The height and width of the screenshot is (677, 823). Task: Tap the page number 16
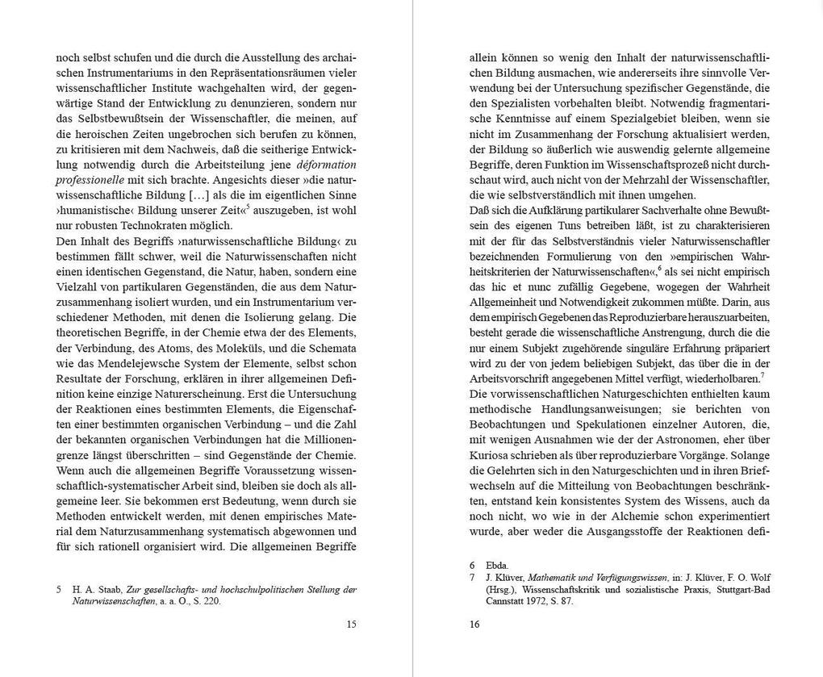pyautogui.click(x=474, y=624)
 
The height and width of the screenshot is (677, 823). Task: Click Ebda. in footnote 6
pyautogui.click(x=497, y=565)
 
